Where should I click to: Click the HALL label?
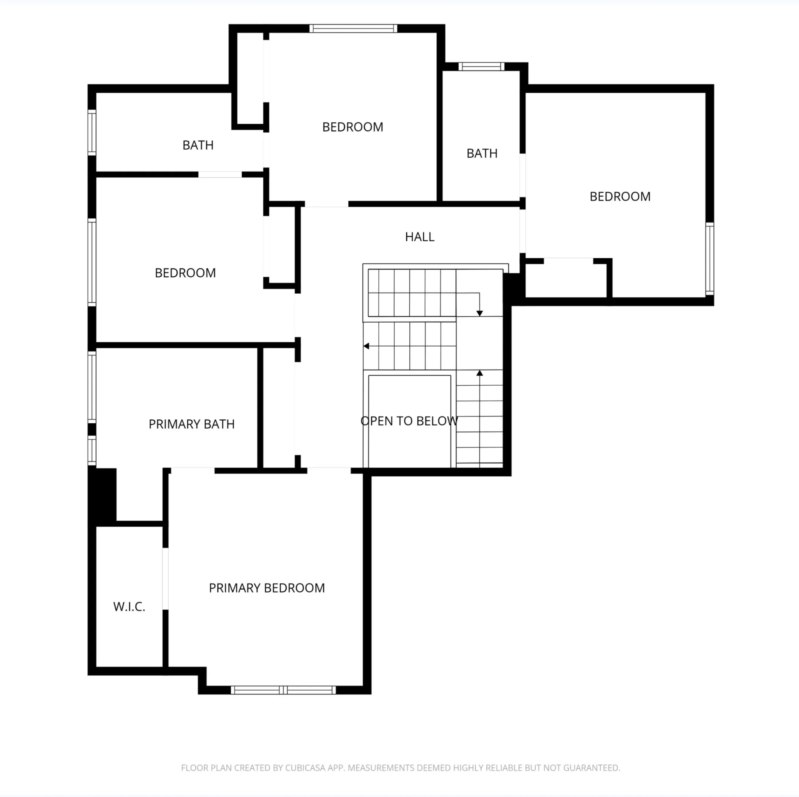point(419,237)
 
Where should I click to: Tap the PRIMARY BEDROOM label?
point(267,588)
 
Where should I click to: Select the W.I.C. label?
point(129,607)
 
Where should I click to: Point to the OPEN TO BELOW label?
point(409,421)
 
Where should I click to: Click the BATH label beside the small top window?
point(482,153)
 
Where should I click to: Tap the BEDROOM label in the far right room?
point(620,196)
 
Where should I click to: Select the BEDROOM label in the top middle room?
point(353,127)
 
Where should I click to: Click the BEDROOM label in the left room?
point(185,273)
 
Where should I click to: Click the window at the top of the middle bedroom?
point(353,29)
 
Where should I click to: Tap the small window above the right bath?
point(481,67)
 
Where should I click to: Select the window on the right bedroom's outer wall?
point(710,259)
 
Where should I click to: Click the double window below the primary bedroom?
point(283,690)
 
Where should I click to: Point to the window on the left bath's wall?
point(92,132)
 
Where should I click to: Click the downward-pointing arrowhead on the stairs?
point(480,314)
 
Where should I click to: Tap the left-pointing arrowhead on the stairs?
point(366,346)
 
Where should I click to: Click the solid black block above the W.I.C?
point(102,497)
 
